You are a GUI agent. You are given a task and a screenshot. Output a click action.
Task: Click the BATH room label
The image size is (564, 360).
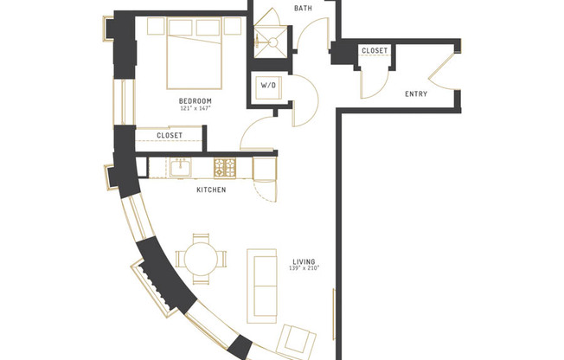click(x=303, y=9)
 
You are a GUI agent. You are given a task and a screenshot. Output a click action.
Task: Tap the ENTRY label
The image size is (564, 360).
click(x=419, y=94)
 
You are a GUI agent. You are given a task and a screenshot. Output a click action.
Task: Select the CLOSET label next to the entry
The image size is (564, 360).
click(x=374, y=51)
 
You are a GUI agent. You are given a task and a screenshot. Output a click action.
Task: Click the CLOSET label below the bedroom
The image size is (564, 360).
click(x=170, y=135)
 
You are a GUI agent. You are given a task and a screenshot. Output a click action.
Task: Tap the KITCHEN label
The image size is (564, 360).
click(x=211, y=190)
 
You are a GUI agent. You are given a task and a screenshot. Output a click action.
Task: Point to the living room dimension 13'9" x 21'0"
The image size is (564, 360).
click(x=304, y=269)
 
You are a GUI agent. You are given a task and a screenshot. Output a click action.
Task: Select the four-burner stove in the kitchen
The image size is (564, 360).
click(x=226, y=167)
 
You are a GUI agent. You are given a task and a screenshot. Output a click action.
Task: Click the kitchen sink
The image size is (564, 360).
click(x=183, y=167)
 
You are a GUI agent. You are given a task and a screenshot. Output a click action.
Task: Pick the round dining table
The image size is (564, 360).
click(x=200, y=258)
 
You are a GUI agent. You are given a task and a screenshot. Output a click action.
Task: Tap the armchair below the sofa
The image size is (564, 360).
click(x=298, y=340)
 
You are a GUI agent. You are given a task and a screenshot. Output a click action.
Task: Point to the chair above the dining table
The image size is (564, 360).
click(x=201, y=239)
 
